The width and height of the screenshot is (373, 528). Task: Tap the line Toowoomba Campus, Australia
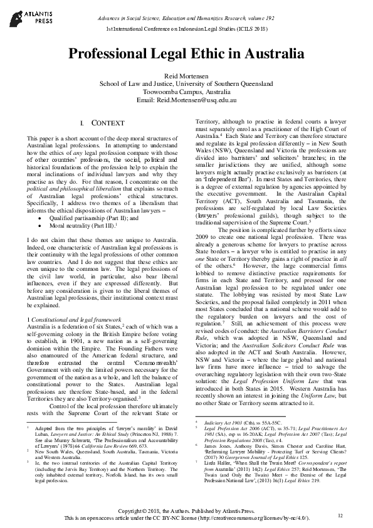point(186,91)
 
